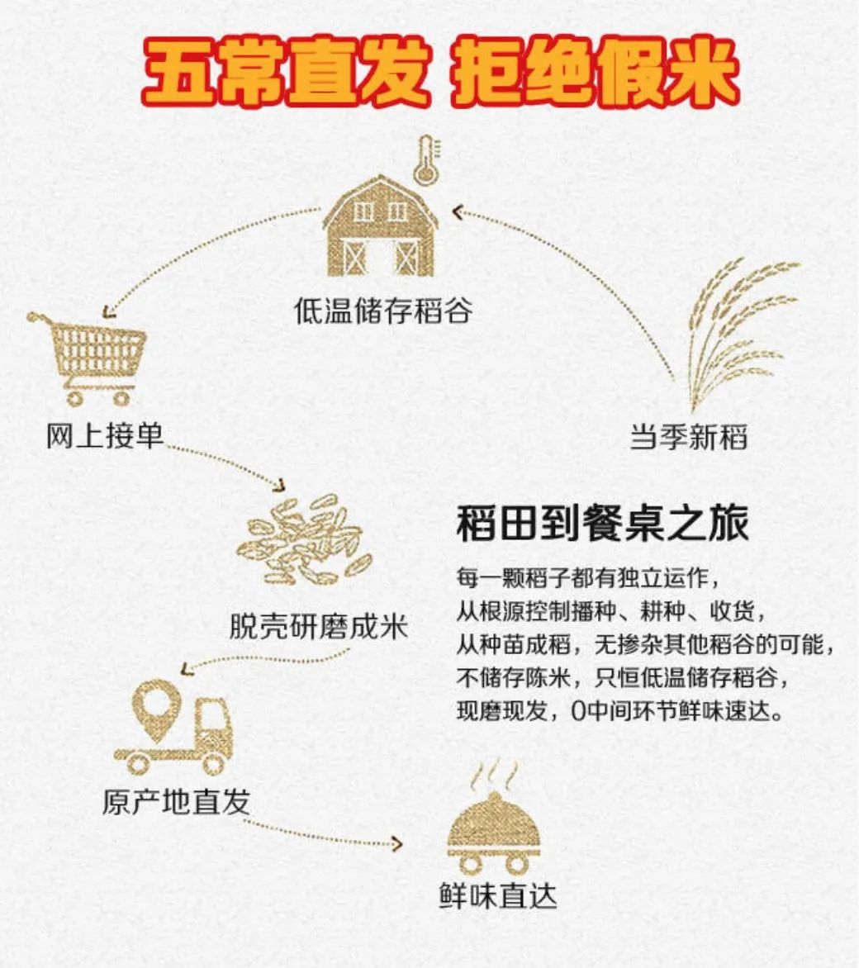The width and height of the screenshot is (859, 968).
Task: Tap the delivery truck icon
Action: coord(175,732)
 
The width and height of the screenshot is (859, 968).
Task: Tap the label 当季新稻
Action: coord(688,436)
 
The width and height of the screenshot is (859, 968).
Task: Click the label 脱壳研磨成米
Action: coord(318,624)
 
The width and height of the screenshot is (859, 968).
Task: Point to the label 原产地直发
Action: coord(176,800)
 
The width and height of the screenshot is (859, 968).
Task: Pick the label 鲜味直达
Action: coord(497,897)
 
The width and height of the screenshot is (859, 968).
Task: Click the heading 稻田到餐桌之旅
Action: coord(602,524)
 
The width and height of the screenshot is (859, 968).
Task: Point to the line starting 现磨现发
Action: coord(619,711)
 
